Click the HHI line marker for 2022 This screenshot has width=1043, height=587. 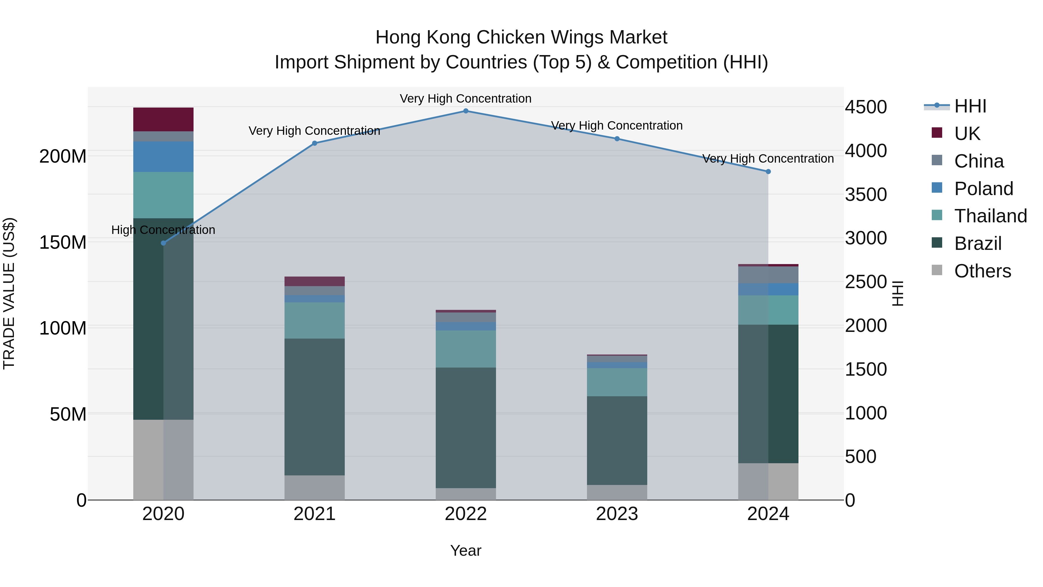tap(466, 111)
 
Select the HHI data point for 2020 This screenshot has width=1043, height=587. tap(164, 243)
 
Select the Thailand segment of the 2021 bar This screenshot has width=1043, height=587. tap(315, 320)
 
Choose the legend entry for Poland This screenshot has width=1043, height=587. tap(984, 189)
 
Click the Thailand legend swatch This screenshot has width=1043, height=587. tap(937, 215)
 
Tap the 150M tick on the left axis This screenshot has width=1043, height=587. tap(63, 243)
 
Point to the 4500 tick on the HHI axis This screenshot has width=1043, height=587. tap(866, 107)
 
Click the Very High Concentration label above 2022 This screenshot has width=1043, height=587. tap(466, 99)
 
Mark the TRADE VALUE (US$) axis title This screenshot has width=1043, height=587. tap(9, 293)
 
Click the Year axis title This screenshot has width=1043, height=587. tap(466, 550)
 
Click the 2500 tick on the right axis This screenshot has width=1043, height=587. tap(866, 282)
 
